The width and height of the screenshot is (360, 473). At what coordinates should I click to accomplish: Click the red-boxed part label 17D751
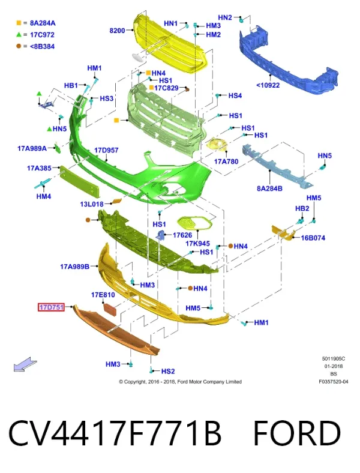tap(51, 307)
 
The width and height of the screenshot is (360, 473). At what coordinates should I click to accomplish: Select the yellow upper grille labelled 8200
tap(170, 45)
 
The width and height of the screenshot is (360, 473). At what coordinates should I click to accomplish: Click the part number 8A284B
tap(269, 188)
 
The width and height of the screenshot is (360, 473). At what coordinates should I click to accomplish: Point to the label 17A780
tap(226, 161)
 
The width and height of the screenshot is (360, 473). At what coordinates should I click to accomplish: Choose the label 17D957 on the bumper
tap(106, 150)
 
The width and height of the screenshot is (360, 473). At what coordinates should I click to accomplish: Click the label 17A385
tap(39, 168)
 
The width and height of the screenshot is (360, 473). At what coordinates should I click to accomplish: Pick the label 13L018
tap(92, 204)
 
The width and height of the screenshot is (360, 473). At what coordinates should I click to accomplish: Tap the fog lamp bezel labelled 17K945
tap(194, 223)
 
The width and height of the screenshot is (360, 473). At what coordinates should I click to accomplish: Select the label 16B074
tap(313, 238)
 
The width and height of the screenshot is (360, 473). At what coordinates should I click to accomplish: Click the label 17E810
tap(103, 294)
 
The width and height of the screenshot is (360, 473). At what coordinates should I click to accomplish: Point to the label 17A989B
tap(75, 267)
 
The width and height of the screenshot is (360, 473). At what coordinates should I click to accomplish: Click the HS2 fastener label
tap(168, 371)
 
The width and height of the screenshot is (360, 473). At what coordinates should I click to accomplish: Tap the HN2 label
tap(225, 17)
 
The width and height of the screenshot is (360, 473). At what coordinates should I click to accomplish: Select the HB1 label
tap(71, 85)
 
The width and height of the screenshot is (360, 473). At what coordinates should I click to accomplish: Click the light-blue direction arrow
tap(25, 364)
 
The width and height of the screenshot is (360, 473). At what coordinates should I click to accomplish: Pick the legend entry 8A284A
tap(43, 23)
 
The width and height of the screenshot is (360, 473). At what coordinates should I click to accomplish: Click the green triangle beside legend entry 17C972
tap(19, 35)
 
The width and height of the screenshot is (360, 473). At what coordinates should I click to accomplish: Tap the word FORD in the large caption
tap(297, 433)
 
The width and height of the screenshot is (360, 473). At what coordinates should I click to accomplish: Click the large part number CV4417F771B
tap(115, 433)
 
